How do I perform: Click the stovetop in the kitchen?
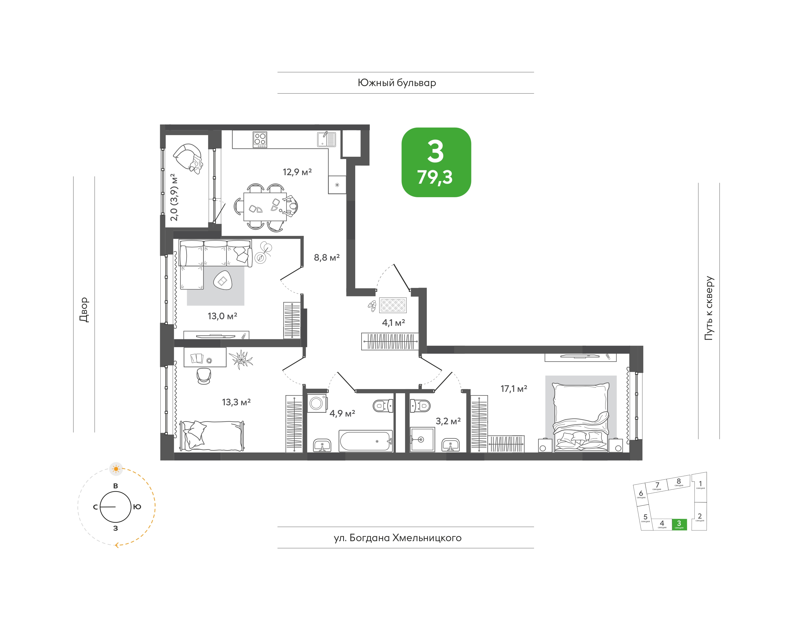[260, 139]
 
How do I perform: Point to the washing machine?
[317, 403]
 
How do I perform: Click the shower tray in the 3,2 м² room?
[422, 439]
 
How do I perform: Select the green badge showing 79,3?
[436, 163]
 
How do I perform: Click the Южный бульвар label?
[397, 83]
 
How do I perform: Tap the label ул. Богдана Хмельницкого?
[398, 538]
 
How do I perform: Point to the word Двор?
[84, 310]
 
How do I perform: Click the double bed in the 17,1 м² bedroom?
[581, 417]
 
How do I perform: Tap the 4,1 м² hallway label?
[393, 323]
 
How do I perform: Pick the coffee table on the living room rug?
[223, 280]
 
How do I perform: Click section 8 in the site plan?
[679, 482]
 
